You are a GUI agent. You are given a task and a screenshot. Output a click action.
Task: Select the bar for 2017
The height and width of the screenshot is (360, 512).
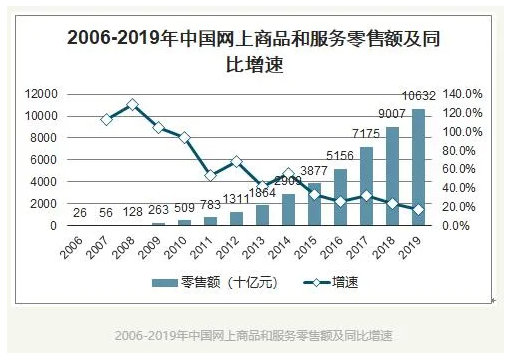[x=366, y=186]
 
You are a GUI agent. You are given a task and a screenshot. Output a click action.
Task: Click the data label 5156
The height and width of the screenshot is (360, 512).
[x=339, y=156]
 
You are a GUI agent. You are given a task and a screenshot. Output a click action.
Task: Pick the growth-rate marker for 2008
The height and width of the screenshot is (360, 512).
[x=132, y=104]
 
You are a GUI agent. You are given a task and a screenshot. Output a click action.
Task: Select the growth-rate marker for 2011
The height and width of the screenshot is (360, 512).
[x=210, y=175]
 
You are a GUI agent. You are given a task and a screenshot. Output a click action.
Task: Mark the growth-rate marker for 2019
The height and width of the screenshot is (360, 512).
[x=418, y=209]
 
